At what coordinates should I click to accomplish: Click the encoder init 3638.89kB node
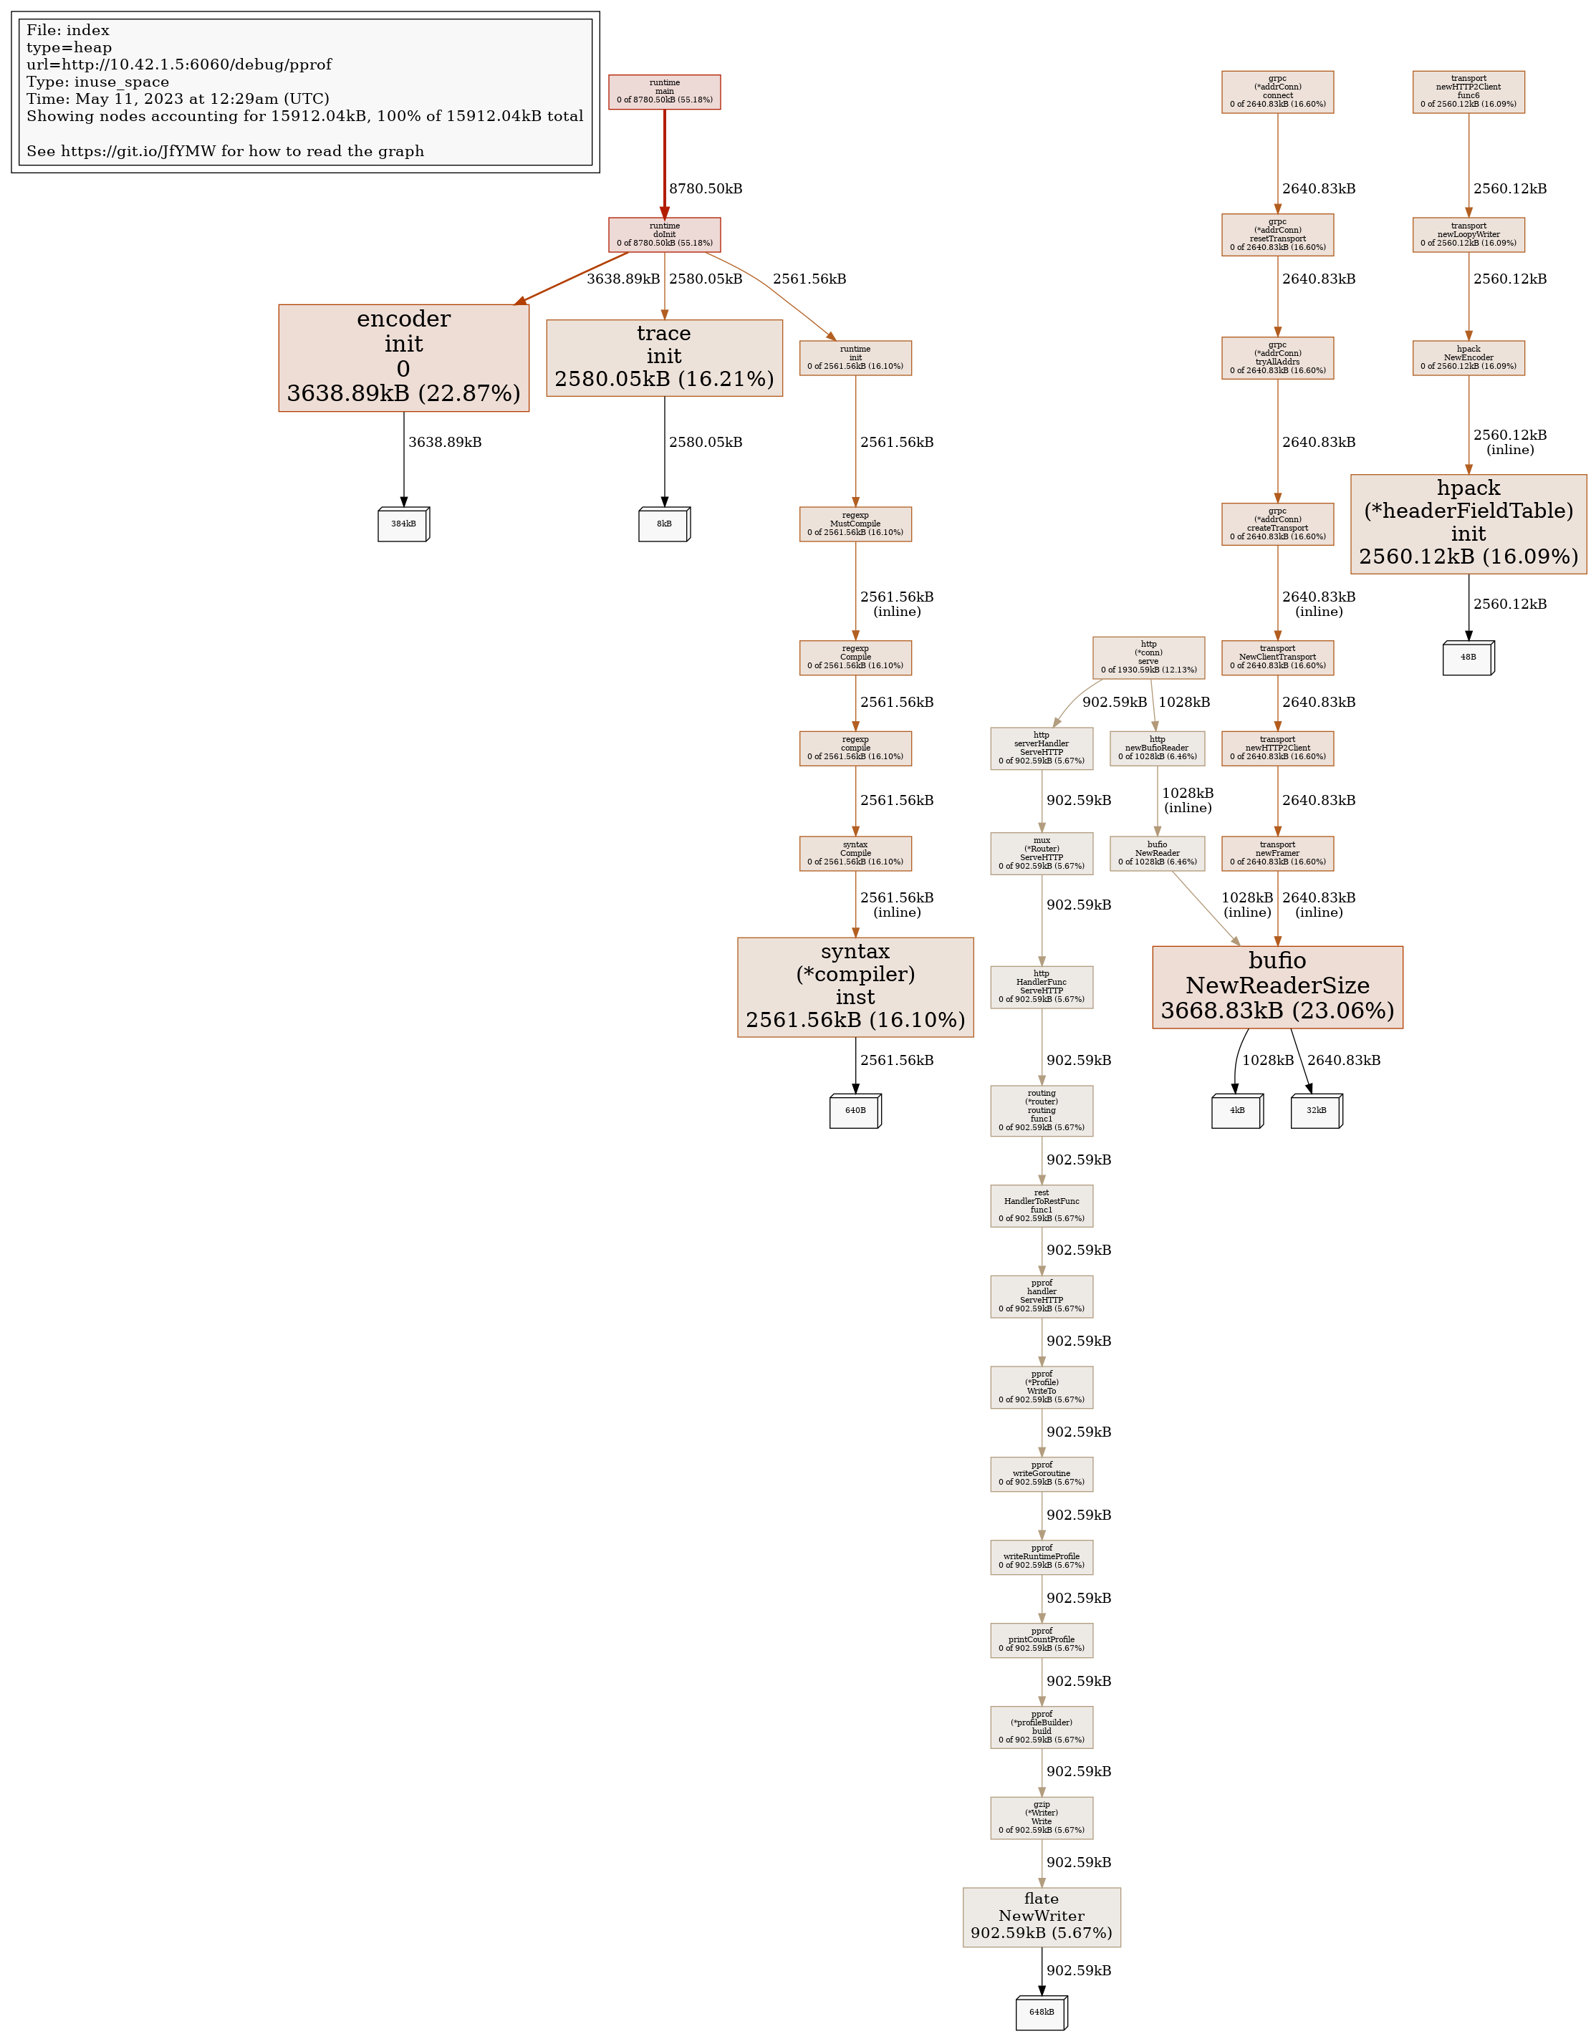point(403,357)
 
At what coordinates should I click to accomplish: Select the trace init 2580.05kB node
point(664,357)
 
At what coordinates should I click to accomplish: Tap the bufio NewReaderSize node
point(1277,986)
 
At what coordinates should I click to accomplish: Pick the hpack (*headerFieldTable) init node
point(1468,524)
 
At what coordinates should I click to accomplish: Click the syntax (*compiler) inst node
point(855,986)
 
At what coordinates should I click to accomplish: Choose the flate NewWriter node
point(1042,1917)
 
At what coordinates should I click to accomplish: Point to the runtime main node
point(664,91)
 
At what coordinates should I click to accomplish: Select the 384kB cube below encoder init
point(403,524)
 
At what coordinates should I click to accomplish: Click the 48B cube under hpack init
point(1468,657)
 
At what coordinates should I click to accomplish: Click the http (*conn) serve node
point(1148,657)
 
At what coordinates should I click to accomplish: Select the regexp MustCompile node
point(855,524)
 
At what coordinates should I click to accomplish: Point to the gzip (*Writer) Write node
point(1042,1818)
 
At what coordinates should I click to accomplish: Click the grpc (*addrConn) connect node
point(1277,91)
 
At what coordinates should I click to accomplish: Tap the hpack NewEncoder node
point(1468,357)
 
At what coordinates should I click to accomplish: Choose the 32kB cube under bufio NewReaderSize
point(1316,1110)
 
